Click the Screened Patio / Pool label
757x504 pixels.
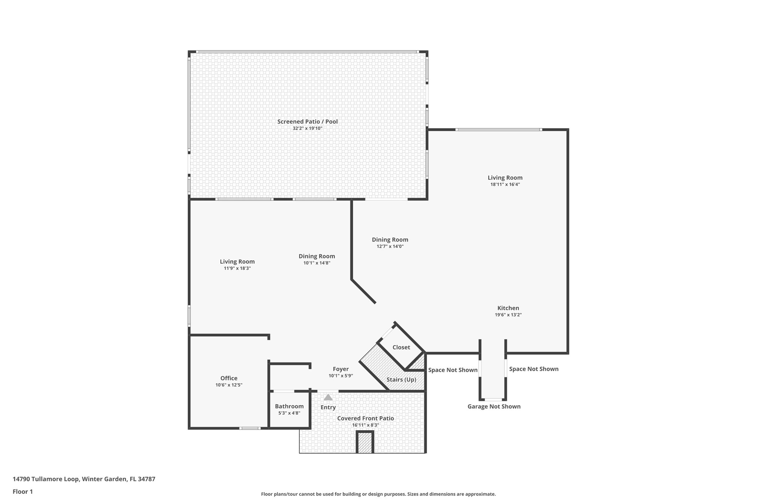coord(307,121)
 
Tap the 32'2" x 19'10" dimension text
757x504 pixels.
coord(307,128)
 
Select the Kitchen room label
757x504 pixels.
coord(508,308)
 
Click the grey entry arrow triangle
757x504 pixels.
coord(328,397)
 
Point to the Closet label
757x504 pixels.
coord(401,347)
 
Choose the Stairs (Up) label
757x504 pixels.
coord(401,380)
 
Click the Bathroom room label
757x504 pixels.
coord(289,406)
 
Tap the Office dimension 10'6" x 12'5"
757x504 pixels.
coord(229,385)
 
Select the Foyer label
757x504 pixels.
coord(340,369)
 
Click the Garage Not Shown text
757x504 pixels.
coord(494,407)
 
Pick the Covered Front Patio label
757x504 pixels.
coord(365,418)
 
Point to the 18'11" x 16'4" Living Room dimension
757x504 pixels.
coord(505,185)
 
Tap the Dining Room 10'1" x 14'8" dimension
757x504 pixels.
coord(316,263)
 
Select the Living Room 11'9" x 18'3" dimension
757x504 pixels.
coord(237,268)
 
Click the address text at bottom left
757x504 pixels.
coord(84,479)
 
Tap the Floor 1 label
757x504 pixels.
coord(23,491)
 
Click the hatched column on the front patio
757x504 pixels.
coord(365,442)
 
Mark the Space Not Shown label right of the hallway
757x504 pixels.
coord(533,369)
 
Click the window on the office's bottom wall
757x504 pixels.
coord(249,428)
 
